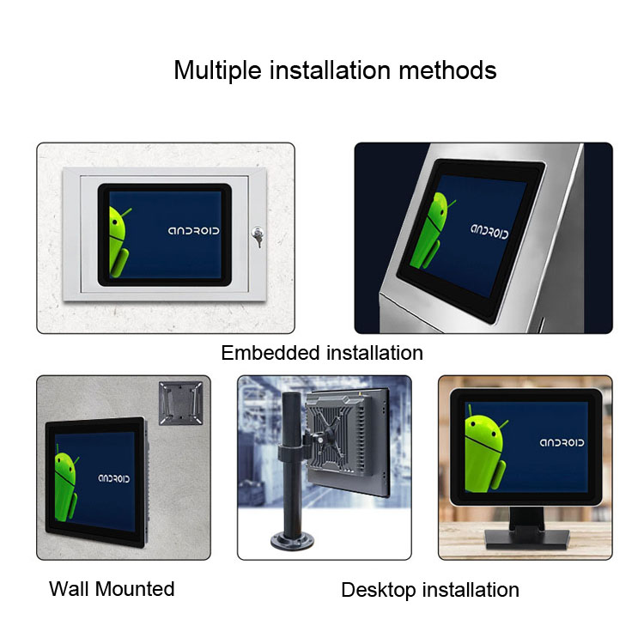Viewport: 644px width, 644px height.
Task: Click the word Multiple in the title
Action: tap(217, 70)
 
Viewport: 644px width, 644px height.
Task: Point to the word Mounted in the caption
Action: tap(135, 588)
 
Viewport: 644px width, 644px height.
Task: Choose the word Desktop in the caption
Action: tap(379, 591)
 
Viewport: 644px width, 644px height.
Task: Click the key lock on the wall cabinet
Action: tap(258, 237)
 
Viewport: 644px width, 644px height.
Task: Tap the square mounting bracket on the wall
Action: tap(180, 403)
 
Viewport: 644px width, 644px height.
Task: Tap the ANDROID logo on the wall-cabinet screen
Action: tap(193, 231)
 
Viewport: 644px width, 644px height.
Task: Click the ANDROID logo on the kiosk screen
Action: tap(489, 231)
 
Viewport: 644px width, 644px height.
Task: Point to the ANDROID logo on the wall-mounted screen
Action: tap(113, 478)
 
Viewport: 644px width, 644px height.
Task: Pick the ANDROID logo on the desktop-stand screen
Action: tap(562, 442)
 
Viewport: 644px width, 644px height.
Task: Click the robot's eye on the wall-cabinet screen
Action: tap(115, 223)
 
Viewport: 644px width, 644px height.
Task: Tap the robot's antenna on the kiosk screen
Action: tap(451, 204)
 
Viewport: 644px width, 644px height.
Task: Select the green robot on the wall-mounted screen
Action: tap(66, 484)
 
